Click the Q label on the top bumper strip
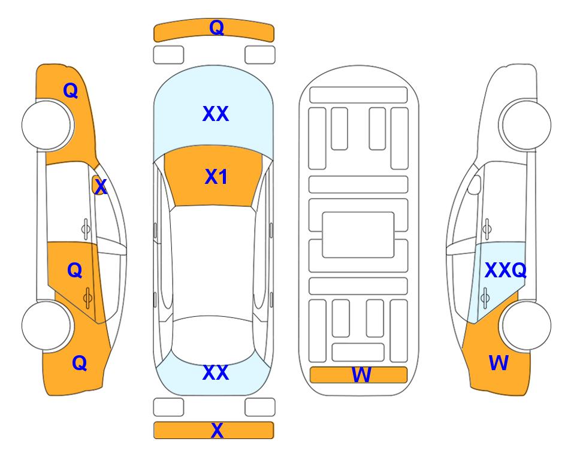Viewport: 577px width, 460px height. (x=216, y=27)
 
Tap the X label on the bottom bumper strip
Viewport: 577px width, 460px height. (x=217, y=430)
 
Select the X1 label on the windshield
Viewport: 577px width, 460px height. (x=216, y=177)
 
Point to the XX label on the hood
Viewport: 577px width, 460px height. (x=215, y=113)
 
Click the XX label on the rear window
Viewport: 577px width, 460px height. (x=215, y=372)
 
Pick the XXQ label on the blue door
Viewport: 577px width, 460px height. (x=505, y=270)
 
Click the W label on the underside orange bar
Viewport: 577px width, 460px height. (x=361, y=375)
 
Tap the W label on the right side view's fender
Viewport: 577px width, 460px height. (x=499, y=363)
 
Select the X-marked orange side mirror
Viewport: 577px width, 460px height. (x=98, y=185)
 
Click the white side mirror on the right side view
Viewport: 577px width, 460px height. (x=475, y=184)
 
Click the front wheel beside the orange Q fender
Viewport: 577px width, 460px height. (x=47, y=125)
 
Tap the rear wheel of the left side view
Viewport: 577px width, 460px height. (x=47, y=325)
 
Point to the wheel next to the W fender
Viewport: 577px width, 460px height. (x=526, y=325)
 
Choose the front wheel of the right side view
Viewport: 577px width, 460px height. (x=526, y=125)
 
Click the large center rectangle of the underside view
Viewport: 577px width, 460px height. (x=358, y=235)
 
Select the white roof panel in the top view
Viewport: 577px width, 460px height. (x=213, y=262)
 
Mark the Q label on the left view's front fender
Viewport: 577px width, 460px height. (x=71, y=90)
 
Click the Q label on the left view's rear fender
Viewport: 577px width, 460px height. (x=80, y=363)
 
